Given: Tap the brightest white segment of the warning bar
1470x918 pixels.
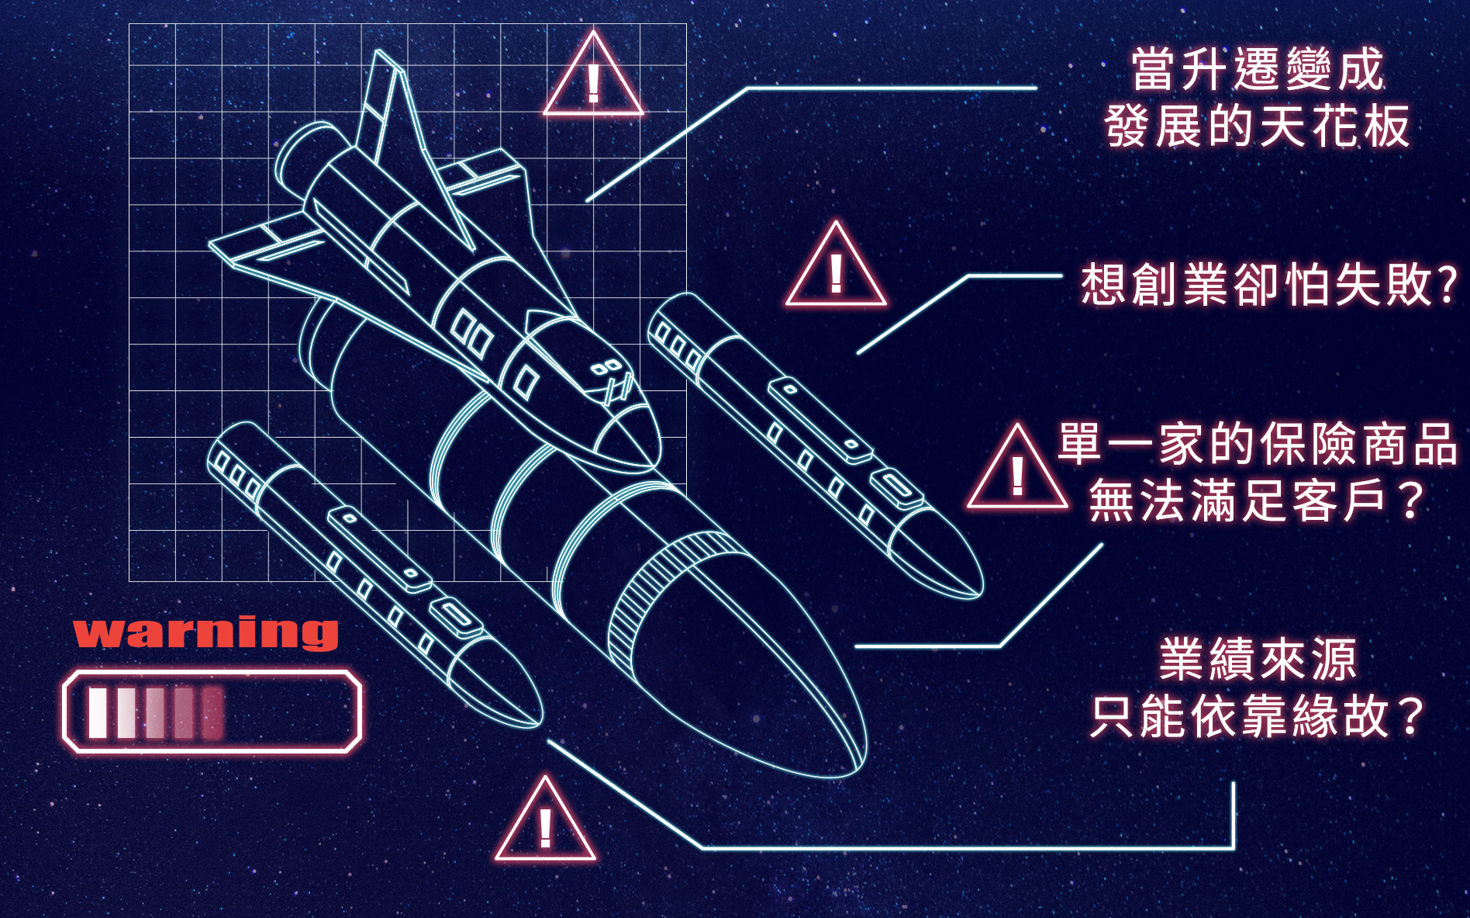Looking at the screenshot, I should [x=98, y=712].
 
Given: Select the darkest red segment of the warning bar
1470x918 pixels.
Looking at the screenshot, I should [x=212, y=712].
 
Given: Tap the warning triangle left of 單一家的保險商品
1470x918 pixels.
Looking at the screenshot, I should [x=1017, y=472].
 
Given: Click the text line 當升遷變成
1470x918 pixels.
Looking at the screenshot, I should [x=1257, y=70].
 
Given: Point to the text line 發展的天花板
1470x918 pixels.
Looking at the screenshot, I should [x=1257, y=126].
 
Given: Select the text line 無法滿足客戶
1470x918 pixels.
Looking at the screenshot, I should [x=1241, y=501].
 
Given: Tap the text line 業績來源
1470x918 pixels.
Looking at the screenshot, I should [x=1258, y=660].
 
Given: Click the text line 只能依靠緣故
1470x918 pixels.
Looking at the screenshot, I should [x=1241, y=716].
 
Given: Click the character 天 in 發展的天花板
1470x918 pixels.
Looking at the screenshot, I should [x=1282, y=126].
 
